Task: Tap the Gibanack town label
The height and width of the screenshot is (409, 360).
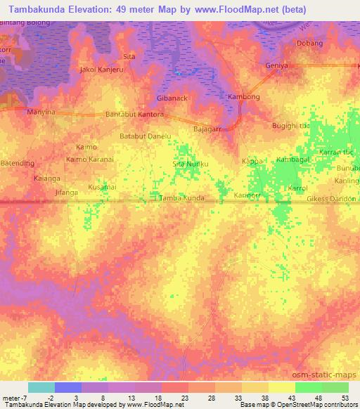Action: pos(172,98)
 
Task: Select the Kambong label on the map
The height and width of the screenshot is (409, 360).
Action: pos(245,96)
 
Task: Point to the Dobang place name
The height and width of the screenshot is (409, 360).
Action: pos(309,43)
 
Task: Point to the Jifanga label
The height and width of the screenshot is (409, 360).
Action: pos(65,191)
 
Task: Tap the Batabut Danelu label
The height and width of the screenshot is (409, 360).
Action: pos(146,136)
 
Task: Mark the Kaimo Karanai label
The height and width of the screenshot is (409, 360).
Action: pos(92,160)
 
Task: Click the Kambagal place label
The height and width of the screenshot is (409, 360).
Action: pos(293,160)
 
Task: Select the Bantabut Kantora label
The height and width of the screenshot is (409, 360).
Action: pos(134,114)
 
